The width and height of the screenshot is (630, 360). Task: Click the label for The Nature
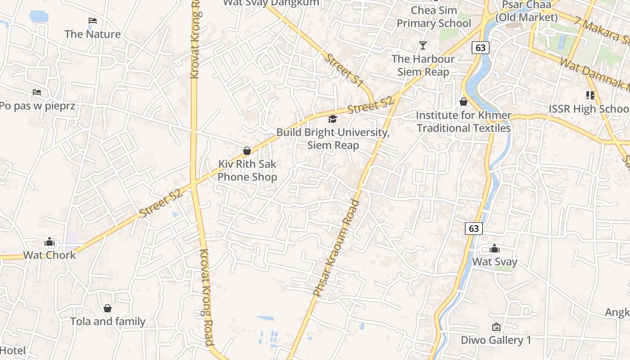point(92,34)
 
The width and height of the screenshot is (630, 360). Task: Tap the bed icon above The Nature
point(93,21)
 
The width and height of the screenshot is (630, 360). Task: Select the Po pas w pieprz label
point(37,106)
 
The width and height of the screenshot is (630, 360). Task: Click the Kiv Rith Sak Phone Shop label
point(247,171)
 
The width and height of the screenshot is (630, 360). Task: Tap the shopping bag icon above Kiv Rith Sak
point(247,151)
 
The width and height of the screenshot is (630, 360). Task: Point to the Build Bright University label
point(333,139)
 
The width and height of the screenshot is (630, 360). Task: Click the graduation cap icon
point(333,119)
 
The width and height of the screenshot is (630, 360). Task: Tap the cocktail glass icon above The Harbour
point(423,45)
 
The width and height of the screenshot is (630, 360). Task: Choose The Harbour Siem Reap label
point(423,65)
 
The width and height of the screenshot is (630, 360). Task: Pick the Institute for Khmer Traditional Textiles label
point(463,121)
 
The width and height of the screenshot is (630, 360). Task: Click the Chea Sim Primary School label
point(434,17)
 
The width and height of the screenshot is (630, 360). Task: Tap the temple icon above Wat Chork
point(49,242)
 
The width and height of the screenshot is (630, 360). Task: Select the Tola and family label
point(108,321)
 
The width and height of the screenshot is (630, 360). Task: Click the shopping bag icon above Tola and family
point(108,308)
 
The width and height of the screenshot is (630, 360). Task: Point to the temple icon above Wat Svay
point(495,248)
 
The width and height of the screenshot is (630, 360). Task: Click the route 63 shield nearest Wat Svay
point(474,229)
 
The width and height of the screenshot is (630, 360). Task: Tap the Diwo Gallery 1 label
point(496,340)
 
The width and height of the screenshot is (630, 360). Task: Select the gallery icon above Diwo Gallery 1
point(496,327)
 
